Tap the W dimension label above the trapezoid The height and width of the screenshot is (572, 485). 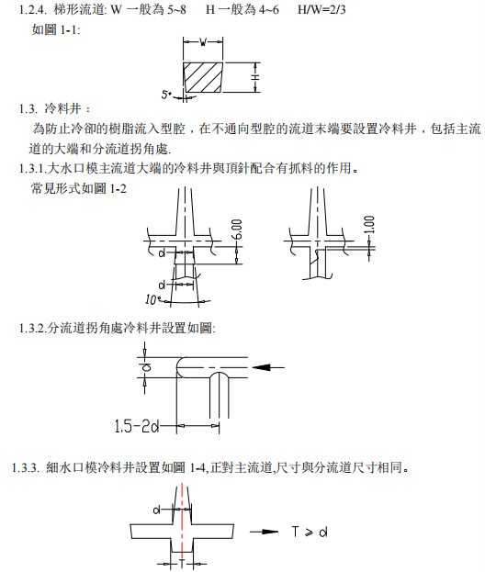204,41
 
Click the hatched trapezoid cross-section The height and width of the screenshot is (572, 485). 204,77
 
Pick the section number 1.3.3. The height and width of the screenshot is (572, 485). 27,467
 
